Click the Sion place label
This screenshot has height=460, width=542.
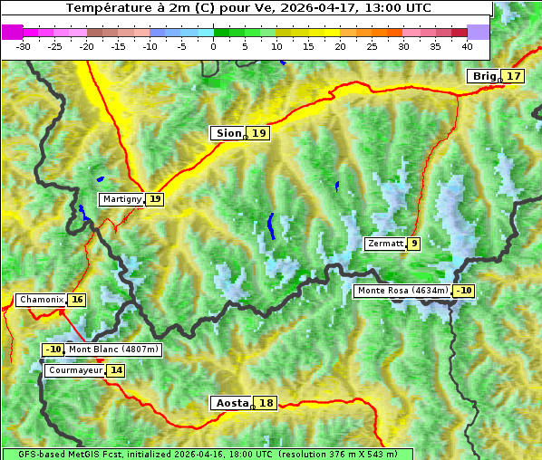[227, 133]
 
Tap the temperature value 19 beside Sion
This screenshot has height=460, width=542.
[259, 133]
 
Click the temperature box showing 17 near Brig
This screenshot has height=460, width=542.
[514, 76]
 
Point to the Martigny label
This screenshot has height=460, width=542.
[121, 199]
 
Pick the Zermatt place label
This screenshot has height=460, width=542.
[384, 244]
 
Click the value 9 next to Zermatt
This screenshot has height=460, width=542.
[414, 244]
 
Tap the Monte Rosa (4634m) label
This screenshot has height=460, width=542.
[402, 291]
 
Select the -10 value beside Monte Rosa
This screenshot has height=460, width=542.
[464, 291]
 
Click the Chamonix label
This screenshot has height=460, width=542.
[41, 300]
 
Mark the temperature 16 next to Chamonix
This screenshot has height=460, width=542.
[77, 300]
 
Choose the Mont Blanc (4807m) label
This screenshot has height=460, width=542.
[113, 350]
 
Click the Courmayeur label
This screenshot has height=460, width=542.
[74, 370]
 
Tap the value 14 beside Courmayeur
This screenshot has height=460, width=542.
[116, 370]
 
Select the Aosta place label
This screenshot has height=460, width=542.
[230, 403]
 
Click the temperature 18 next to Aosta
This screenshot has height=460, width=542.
[266, 403]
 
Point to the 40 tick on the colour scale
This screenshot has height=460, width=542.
[467, 45]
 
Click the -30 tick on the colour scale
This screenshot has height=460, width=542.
[24, 45]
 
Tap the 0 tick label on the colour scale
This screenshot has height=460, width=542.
[214, 45]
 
